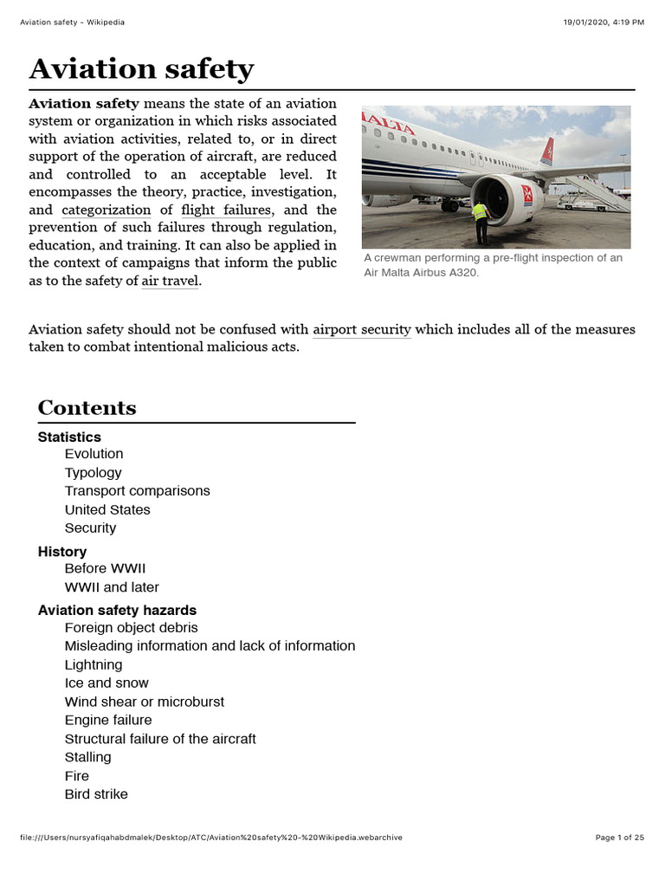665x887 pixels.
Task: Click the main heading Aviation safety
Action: [x=141, y=68]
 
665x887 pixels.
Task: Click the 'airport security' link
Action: [x=361, y=329]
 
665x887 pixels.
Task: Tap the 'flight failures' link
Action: [x=226, y=210]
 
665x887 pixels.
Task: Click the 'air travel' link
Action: [x=170, y=282]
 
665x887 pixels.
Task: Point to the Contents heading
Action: [x=87, y=407]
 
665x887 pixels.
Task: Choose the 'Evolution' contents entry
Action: [x=94, y=454]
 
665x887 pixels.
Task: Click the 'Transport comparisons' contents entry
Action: [x=137, y=491]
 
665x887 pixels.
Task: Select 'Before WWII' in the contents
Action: [x=105, y=568]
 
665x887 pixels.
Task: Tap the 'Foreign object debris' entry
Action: [x=131, y=627]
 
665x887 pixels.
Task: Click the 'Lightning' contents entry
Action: [x=94, y=664]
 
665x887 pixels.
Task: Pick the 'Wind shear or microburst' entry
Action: [x=144, y=702]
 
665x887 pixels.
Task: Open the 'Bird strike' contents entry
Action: [x=96, y=794]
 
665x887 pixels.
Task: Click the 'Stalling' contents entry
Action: [x=87, y=757]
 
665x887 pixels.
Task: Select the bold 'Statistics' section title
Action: [x=69, y=437]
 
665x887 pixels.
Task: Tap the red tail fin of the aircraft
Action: [x=547, y=152]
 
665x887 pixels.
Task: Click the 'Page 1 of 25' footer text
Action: [x=620, y=838]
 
